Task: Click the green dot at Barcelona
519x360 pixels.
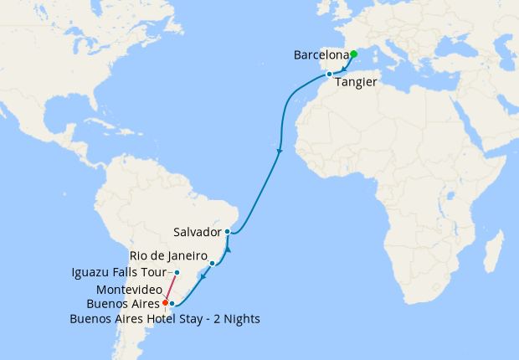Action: point(353,54)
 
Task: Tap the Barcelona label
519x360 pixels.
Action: point(321,55)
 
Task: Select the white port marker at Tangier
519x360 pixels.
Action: point(330,75)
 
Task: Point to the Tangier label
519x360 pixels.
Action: point(356,82)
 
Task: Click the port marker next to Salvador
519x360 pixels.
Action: point(228,231)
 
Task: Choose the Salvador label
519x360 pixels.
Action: point(198,231)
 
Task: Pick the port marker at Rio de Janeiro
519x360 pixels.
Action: point(212,264)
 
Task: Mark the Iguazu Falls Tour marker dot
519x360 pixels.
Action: point(177,273)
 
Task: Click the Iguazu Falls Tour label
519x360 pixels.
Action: point(121,273)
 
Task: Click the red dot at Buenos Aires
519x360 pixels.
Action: point(166,302)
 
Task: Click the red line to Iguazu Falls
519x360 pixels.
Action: point(172,287)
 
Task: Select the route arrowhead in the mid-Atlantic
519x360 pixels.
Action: point(279,152)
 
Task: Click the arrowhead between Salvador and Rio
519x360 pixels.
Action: point(227,249)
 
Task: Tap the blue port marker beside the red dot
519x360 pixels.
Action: point(172,304)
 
